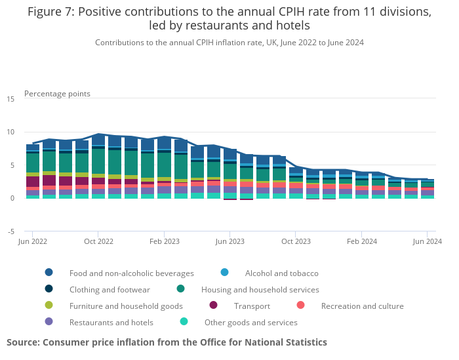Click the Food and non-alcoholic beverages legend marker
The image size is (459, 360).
[49, 273]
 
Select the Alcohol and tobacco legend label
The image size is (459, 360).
[281, 273]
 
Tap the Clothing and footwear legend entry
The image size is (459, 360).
[110, 289]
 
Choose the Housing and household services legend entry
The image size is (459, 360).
[260, 289]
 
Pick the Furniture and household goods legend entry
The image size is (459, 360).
[126, 306]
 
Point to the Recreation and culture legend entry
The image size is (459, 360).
[362, 306]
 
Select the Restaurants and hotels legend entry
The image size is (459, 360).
[111, 322]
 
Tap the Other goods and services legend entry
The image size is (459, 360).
[250, 322]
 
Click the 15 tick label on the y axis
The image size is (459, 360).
[10, 99]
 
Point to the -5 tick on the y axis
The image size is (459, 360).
[10, 231]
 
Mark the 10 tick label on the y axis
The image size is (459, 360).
[10, 132]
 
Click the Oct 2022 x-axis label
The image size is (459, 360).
[98, 241]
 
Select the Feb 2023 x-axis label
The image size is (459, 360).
[164, 241]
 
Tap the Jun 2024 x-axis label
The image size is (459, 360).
[427, 241]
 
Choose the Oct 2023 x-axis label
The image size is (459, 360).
[295, 241]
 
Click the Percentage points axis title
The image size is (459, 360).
[57, 94]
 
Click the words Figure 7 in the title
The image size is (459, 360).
[53, 12]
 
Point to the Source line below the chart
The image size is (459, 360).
[167, 342]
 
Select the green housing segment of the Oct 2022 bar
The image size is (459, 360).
[98, 161]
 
